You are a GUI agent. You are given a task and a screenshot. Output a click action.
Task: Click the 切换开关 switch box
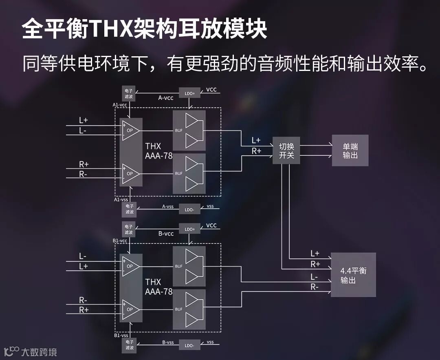tap(286, 151)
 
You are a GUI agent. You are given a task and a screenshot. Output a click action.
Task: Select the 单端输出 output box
tap(350, 151)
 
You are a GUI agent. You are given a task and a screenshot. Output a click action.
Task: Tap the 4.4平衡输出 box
tap(353, 275)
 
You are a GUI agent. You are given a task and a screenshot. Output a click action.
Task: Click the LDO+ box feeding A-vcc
tap(190, 93)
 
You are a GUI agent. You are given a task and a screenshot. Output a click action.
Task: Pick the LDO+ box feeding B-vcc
tap(190, 229)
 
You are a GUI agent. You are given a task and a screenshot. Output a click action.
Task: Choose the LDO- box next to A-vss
tap(189, 210)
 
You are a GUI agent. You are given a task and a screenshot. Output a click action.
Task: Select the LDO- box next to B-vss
tap(189, 345)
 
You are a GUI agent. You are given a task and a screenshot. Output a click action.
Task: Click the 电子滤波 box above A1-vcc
tap(129, 94)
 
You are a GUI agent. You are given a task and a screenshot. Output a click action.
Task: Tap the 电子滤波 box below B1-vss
tap(129, 346)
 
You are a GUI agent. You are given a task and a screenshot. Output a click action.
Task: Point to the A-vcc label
tap(166, 98)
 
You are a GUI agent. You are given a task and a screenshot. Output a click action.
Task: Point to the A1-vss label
tap(121, 200)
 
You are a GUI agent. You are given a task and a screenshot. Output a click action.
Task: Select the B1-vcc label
tap(120, 241)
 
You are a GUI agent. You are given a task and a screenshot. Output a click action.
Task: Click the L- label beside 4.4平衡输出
tap(315, 276)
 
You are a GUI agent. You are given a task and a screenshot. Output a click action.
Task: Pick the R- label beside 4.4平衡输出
tap(315, 287)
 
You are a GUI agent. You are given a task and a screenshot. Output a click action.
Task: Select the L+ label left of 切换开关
tap(256, 140)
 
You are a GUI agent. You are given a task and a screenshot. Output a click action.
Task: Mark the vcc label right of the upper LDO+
tap(211, 90)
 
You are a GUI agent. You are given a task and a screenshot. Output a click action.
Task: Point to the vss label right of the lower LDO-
tap(210, 342)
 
